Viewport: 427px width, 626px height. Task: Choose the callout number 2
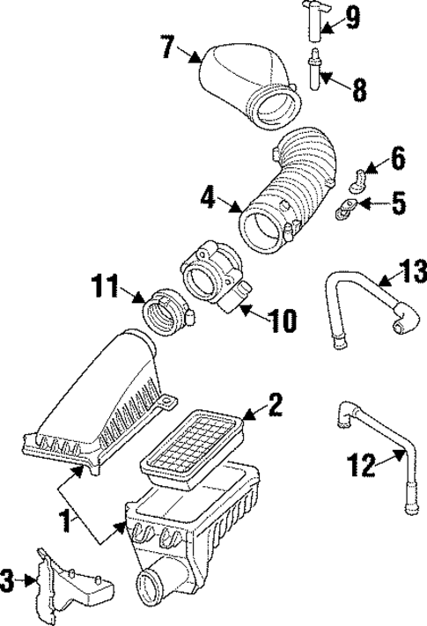(x=275, y=404)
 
